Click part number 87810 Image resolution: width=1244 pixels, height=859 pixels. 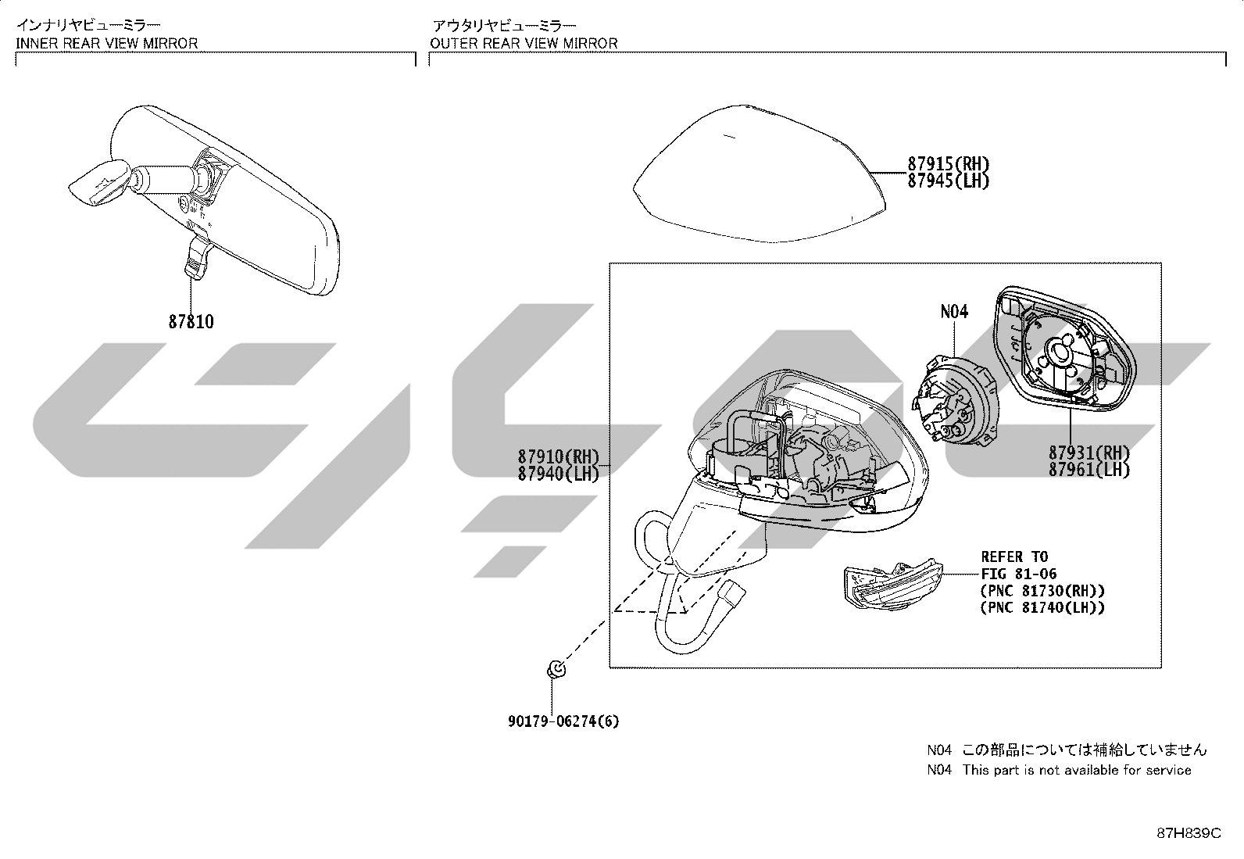(191, 322)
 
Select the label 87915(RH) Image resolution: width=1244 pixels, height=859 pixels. (949, 164)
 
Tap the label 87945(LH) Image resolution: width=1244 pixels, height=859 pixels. (949, 181)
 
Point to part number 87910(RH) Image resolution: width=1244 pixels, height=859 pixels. (559, 456)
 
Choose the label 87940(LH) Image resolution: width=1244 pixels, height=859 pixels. (559, 474)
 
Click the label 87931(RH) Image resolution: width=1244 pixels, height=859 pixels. (1089, 453)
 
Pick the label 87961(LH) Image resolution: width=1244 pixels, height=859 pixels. (1089, 470)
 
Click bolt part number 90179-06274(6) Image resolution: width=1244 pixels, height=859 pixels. (563, 721)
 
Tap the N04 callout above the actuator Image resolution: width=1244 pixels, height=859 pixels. (954, 312)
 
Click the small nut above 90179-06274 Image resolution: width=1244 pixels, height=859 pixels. (556, 670)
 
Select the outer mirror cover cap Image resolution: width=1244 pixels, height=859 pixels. (760, 174)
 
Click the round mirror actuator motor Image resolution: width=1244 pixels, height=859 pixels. (955, 399)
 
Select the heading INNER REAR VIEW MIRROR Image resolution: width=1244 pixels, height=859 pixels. (106, 43)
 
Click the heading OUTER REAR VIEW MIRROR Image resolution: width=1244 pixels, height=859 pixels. (524, 43)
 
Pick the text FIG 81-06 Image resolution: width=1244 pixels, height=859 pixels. (1018, 574)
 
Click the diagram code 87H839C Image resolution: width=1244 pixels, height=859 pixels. (1189, 833)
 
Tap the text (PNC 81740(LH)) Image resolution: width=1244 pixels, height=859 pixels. (1042, 608)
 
